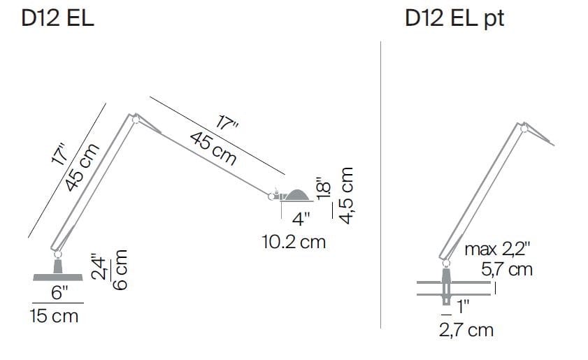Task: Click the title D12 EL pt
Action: pyautogui.click(x=454, y=18)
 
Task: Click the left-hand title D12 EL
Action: pyautogui.click(x=58, y=18)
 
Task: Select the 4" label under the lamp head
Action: pyautogui.click(x=301, y=219)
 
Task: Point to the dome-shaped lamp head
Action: pyautogui.click(x=296, y=195)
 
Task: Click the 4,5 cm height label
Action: pyautogui.click(x=346, y=195)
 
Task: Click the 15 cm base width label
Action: pyautogui.click(x=54, y=316)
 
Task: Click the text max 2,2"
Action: pyautogui.click(x=497, y=250)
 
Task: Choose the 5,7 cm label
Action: pyautogui.click(x=507, y=268)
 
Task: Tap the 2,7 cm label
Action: pyautogui.click(x=466, y=330)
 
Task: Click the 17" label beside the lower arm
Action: pyautogui.click(x=61, y=154)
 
